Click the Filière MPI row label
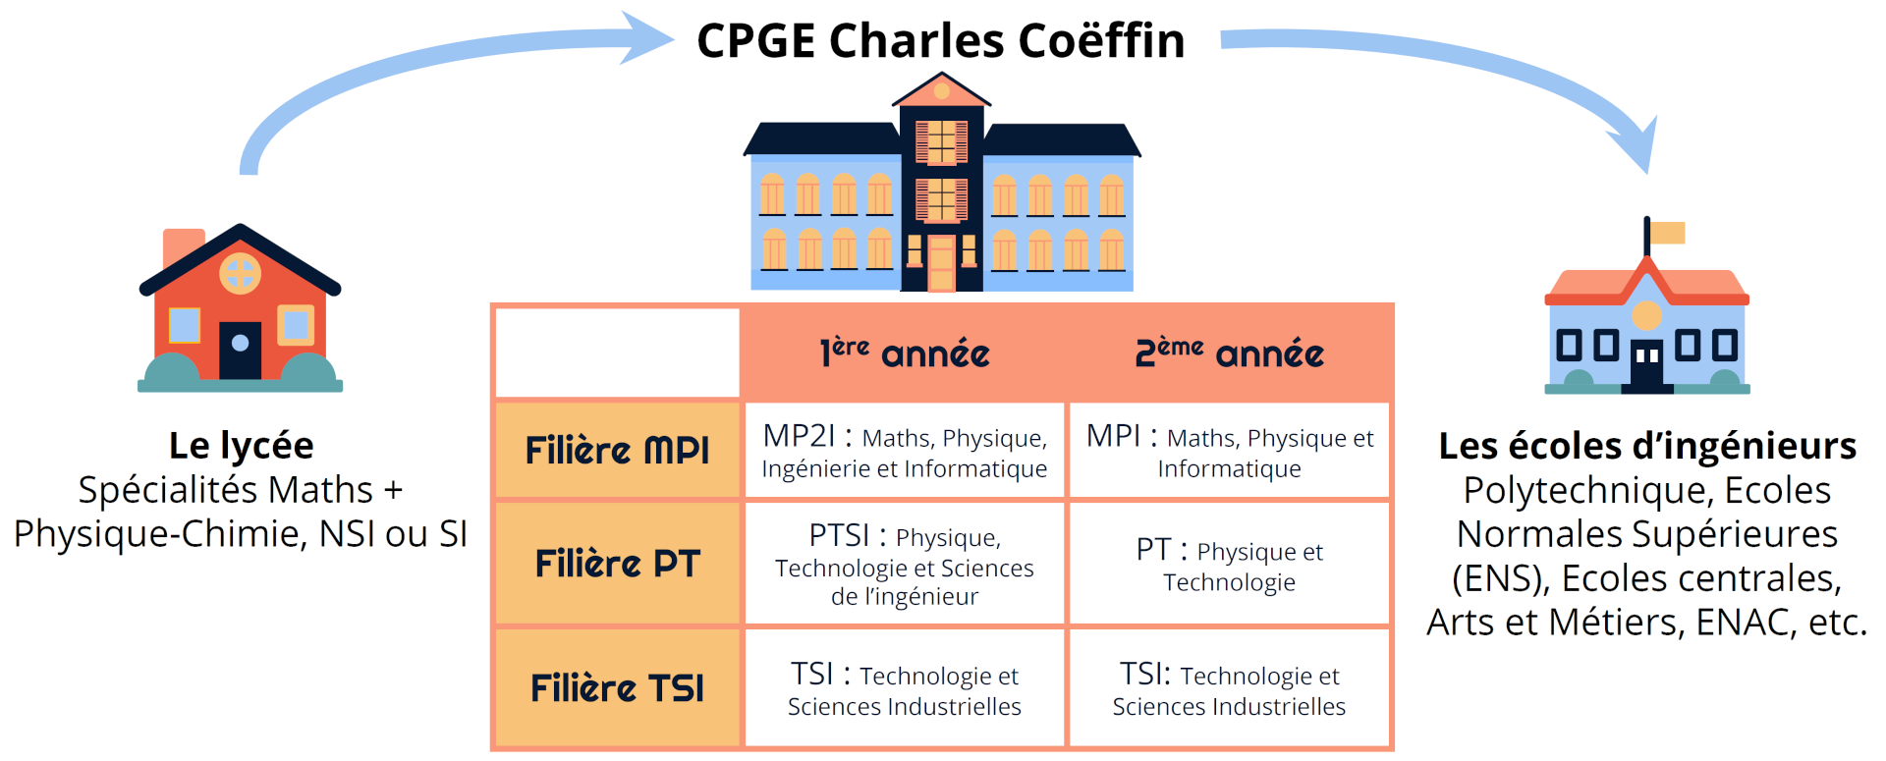point(617,450)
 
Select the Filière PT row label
point(617,564)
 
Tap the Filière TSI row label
point(617,687)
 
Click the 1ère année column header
point(905,353)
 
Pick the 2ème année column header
point(1229,353)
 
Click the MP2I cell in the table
point(905,451)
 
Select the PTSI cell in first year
point(905,565)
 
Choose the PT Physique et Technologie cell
point(1229,565)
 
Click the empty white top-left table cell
point(617,353)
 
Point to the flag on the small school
point(1667,233)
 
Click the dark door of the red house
point(240,350)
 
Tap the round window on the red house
point(240,273)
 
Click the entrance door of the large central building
point(941,264)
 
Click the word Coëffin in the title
point(1100,41)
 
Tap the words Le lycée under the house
point(241,446)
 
